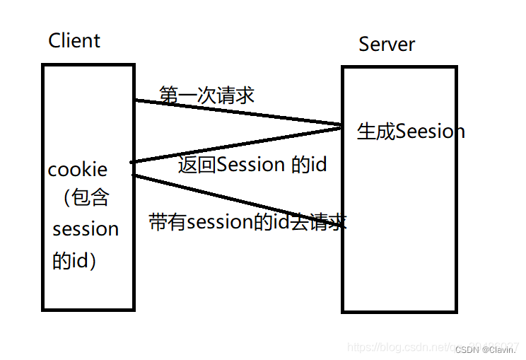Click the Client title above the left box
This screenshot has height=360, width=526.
pos(74,40)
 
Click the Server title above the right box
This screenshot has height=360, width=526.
pos(387,44)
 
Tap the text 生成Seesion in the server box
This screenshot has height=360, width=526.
pos(411,132)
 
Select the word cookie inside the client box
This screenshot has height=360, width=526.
pos(78,170)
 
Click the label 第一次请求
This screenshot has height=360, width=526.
pos(206,95)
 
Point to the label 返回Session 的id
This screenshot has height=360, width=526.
pos(252,165)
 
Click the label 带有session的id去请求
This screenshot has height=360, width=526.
pos(247,222)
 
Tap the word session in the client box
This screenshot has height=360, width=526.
pos(86,229)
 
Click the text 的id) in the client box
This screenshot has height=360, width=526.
pos(74,260)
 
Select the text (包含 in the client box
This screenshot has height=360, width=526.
pos(86,199)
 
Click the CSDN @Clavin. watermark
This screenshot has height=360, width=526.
pos(485,349)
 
